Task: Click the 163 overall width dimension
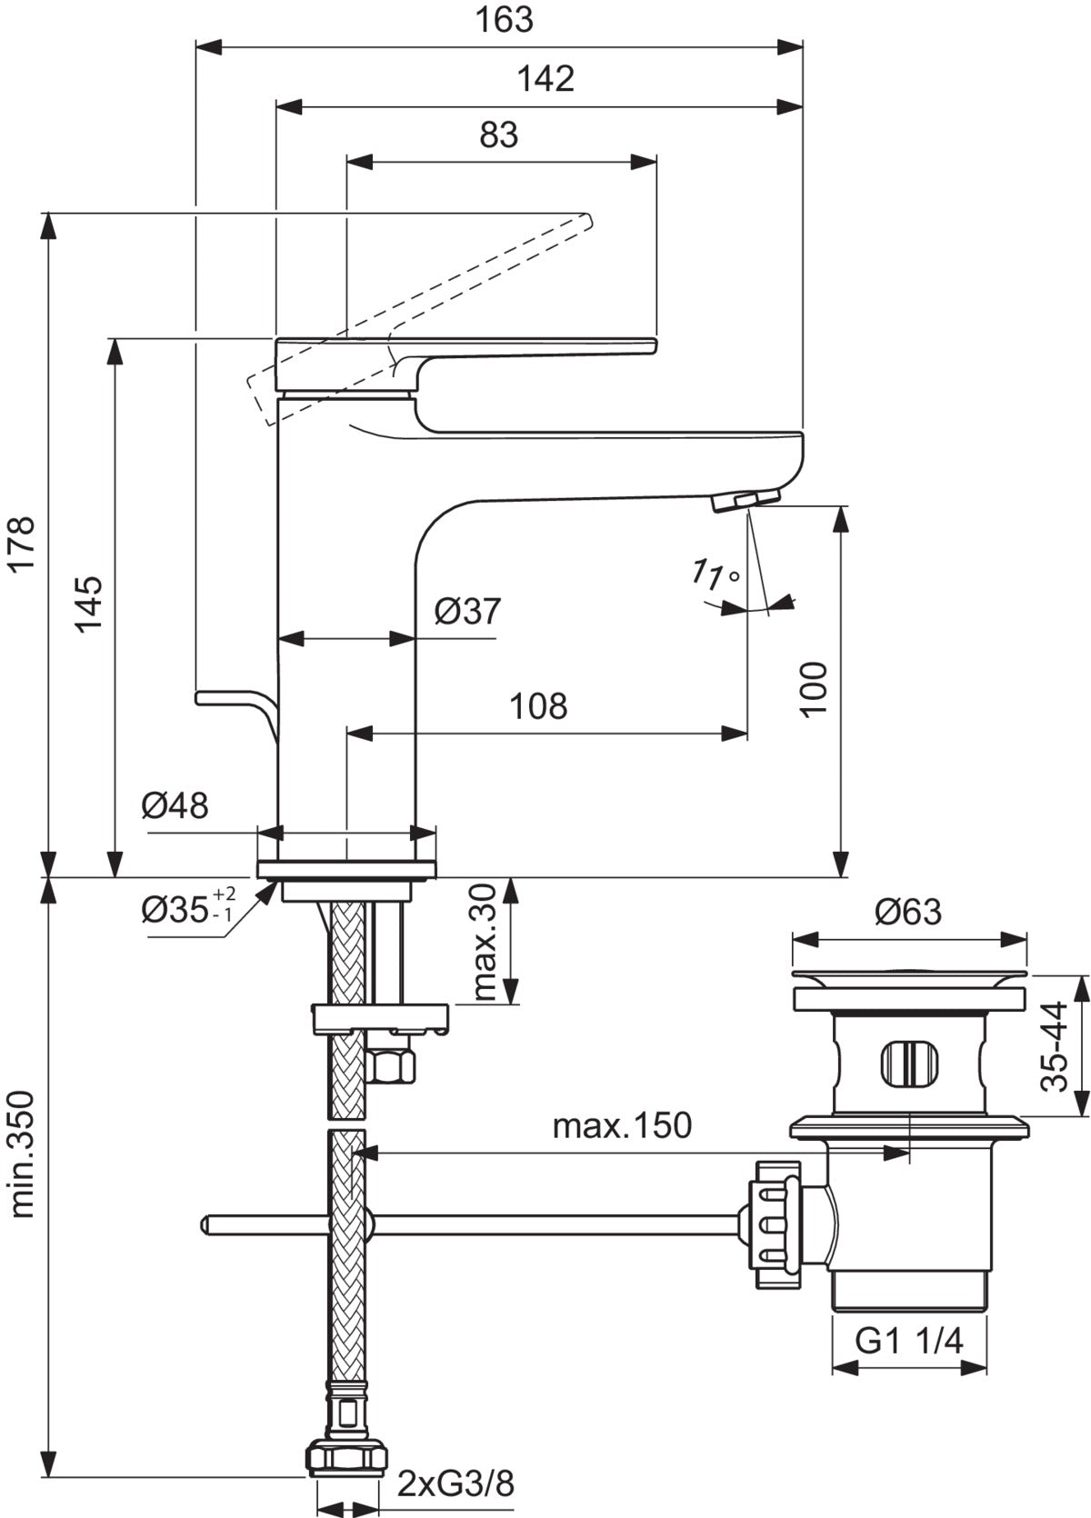[504, 20]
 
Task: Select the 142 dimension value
[545, 79]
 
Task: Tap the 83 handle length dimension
[499, 135]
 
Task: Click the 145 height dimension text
[89, 604]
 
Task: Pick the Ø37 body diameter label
[467, 611]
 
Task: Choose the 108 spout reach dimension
[539, 706]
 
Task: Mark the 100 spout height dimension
[813, 688]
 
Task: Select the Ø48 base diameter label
[175, 805]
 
